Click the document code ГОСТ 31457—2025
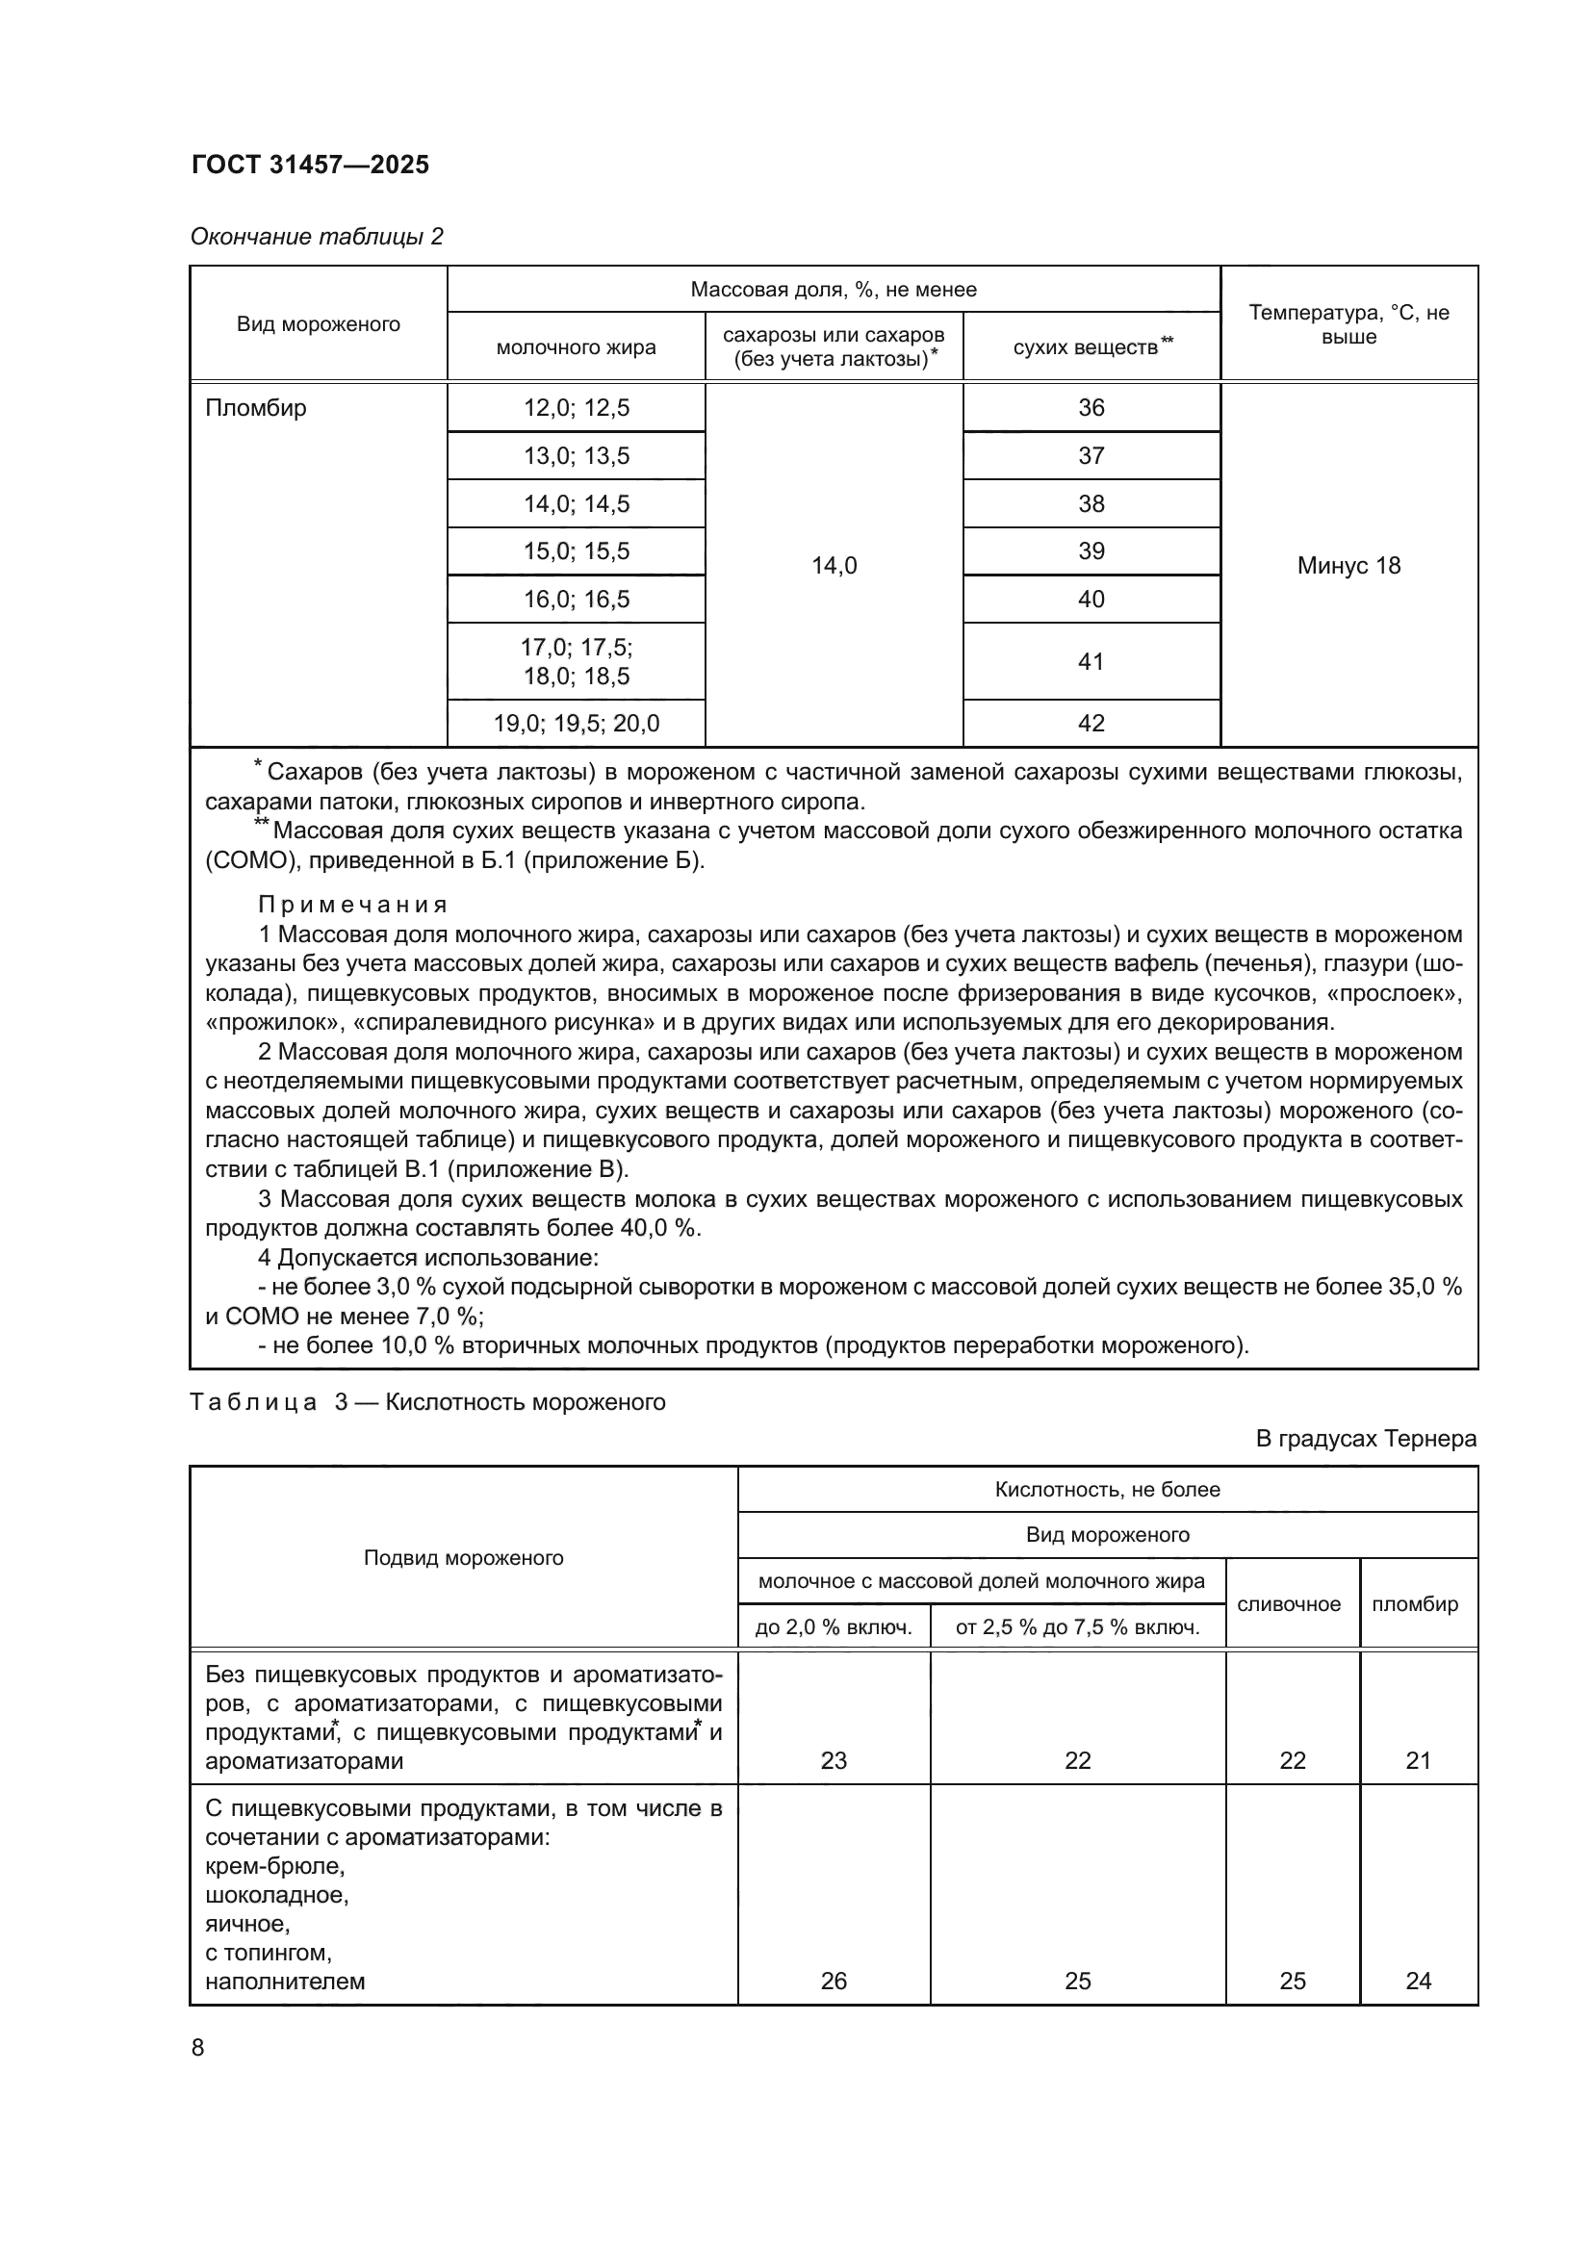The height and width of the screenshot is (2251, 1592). (310, 165)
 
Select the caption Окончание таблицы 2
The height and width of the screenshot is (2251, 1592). (317, 237)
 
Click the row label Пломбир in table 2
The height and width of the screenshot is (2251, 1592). (256, 408)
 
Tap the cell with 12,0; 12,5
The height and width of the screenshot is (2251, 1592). (577, 408)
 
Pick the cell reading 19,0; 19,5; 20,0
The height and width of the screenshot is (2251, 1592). (577, 724)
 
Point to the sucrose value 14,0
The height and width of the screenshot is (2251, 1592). (835, 566)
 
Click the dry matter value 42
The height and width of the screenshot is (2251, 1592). (1091, 724)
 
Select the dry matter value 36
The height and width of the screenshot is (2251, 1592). (1091, 408)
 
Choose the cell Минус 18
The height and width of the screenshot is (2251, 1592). (1348, 566)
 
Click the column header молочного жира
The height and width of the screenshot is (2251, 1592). (577, 348)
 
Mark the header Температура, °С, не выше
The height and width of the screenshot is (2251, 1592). (1348, 324)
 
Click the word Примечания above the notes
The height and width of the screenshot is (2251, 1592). (353, 904)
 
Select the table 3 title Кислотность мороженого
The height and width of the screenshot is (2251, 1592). (526, 1402)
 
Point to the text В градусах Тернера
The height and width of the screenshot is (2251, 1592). (1366, 1439)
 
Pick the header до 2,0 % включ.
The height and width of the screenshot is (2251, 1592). (834, 1627)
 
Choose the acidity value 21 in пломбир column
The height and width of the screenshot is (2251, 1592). (1419, 1761)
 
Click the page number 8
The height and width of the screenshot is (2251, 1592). (198, 2048)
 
